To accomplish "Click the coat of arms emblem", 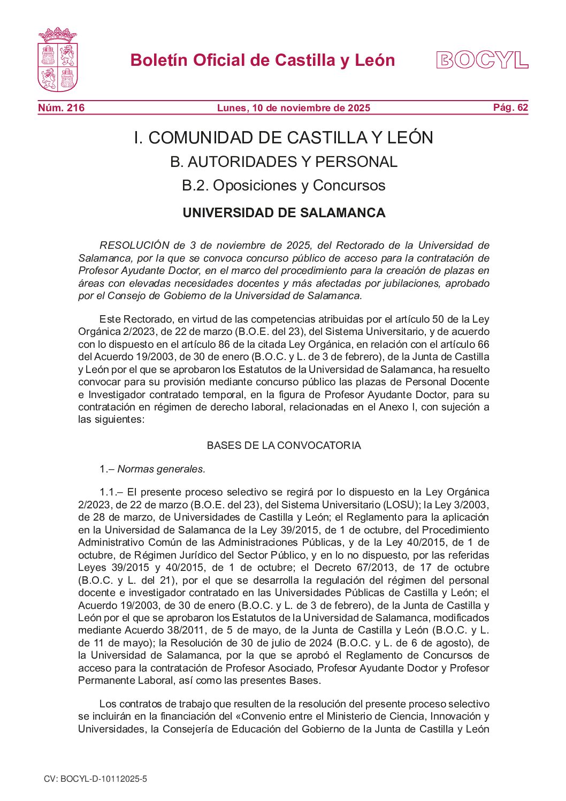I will (58, 60).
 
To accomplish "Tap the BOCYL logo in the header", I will (482, 60).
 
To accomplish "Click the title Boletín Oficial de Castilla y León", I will (263, 60).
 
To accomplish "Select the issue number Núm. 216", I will (61, 108).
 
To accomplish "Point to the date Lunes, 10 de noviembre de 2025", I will (293, 108).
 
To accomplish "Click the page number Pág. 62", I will (510, 108).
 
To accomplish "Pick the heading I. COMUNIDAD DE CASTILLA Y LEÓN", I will (283, 138).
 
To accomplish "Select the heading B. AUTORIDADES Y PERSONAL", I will (284, 162).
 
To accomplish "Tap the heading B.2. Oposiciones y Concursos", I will (284, 186).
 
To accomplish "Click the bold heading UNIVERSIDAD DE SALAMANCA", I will (284, 213).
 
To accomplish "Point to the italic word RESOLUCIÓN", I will (134, 246).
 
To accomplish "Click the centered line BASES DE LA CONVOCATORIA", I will (284, 446).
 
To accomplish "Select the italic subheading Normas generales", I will (161, 469).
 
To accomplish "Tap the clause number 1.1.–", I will (111, 492).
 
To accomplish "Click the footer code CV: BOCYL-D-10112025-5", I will (95, 779).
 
